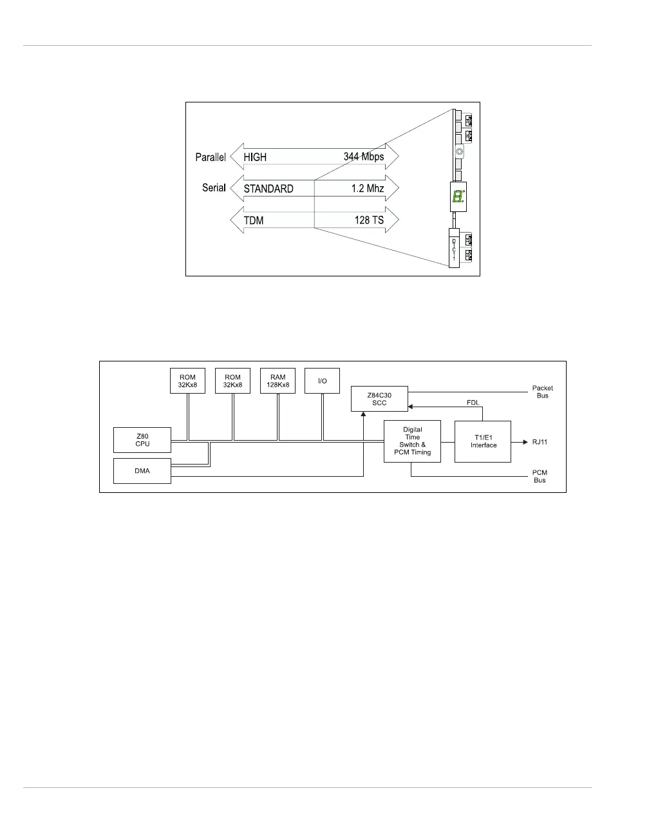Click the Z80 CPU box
pos(142,439)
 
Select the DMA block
pos(142,471)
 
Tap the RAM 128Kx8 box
pos(277,381)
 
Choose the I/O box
pos(322,381)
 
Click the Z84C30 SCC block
pos(379,399)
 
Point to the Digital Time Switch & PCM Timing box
pos(413,441)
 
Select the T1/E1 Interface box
pos(483,441)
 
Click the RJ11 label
pos(539,442)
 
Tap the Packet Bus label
pos(542,392)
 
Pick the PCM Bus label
pos(540,476)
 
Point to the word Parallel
pos(211,157)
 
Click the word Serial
pos(214,188)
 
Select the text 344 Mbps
pos(363,157)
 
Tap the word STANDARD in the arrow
pos(268,189)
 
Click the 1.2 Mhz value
pos(368,188)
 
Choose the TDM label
pos(254,220)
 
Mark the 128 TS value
pos(369,220)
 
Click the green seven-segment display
pos(458,197)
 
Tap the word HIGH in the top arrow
pos(255,157)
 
